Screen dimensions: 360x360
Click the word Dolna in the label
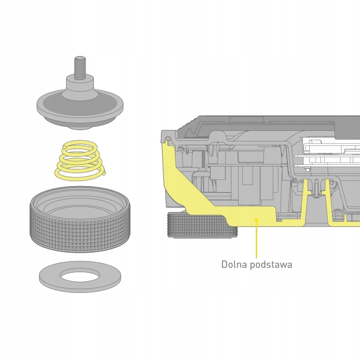234,264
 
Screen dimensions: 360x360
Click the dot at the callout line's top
257,220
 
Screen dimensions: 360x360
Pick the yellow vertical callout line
257,240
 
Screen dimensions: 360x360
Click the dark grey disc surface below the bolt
56,103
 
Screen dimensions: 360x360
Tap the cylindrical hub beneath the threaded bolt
80,87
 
